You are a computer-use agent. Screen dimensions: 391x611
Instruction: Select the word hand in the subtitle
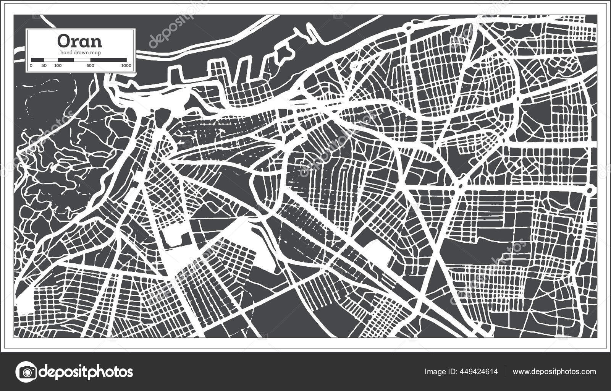(66, 53)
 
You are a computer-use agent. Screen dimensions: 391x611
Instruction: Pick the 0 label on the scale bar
(31, 66)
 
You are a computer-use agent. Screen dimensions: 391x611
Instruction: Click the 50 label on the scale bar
(44, 66)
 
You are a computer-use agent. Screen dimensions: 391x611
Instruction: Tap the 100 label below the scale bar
(58, 66)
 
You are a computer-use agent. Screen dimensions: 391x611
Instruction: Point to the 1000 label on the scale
(126, 66)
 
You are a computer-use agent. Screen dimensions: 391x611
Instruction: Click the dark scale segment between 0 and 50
(37, 60)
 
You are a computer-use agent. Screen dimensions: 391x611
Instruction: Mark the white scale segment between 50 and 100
(51, 60)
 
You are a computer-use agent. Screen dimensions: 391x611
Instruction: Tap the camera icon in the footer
(26, 372)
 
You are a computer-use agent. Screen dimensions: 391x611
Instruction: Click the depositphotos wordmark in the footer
(86, 372)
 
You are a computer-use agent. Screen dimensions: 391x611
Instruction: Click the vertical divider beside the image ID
(505, 372)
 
